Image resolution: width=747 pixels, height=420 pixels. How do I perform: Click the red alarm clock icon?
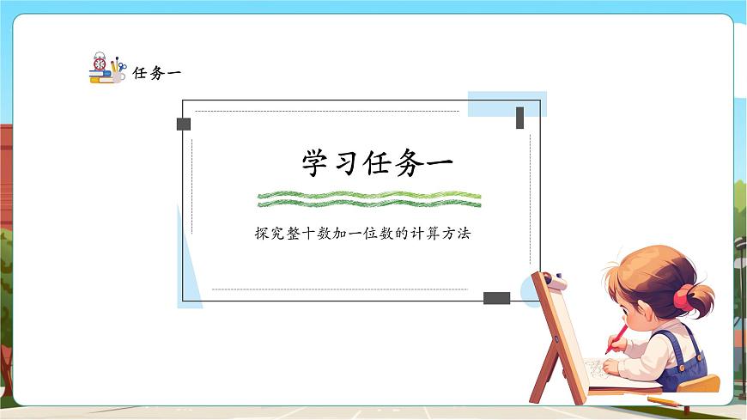click(100, 62)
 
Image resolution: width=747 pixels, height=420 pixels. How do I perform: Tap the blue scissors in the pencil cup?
click(121, 67)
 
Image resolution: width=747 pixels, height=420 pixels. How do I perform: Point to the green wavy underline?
click(369, 199)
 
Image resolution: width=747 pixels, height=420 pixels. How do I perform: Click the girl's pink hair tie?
click(682, 298)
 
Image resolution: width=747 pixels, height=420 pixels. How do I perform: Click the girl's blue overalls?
click(686, 361)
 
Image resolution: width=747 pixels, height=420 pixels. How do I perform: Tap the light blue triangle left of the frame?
click(188, 266)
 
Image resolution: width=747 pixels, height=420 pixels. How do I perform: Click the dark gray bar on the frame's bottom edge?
click(496, 298)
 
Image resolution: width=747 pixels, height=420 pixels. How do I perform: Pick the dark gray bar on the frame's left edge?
click(183, 124)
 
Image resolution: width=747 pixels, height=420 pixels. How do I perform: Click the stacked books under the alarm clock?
click(100, 77)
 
